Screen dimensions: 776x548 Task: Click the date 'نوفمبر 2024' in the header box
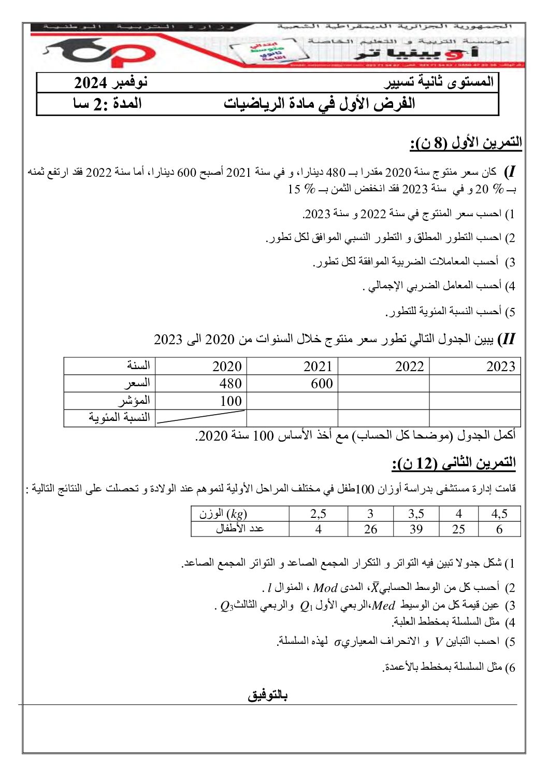(111, 82)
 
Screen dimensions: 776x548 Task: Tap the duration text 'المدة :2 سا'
(107, 104)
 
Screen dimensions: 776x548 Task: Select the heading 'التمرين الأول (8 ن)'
(466, 143)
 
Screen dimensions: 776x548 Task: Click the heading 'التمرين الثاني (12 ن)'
(454, 463)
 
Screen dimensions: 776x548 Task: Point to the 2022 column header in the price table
(409, 366)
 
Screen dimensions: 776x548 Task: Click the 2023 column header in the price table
(500, 366)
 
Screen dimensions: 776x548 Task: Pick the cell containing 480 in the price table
(230, 384)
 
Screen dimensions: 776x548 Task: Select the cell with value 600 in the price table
(321, 384)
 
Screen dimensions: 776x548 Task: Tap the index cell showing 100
(230, 401)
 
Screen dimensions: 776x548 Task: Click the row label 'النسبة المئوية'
(119, 418)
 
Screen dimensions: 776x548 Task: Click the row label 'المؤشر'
(134, 401)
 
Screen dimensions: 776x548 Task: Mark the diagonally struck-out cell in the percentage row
(201, 418)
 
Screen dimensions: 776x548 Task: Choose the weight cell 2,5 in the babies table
(318, 514)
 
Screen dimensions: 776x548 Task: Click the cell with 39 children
(416, 529)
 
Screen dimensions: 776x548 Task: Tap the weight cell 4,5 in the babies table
(499, 514)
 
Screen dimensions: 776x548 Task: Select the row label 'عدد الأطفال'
(240, 529)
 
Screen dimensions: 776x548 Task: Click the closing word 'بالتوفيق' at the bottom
(267, 695)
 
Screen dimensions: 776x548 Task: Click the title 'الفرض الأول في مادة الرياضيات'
(320, 104)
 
